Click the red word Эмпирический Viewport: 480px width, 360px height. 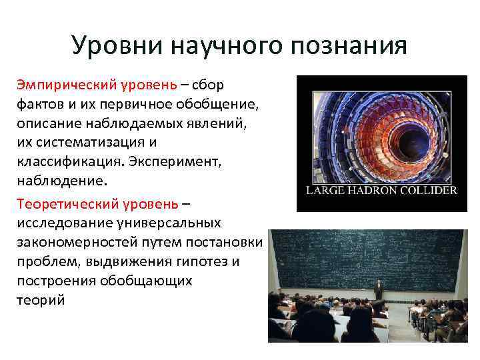60,85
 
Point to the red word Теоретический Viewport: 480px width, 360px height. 61,202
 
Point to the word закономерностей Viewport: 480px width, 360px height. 74,241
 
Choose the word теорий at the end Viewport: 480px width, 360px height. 41,300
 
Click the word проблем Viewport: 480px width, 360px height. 46,261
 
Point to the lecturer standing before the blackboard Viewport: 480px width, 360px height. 379,289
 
